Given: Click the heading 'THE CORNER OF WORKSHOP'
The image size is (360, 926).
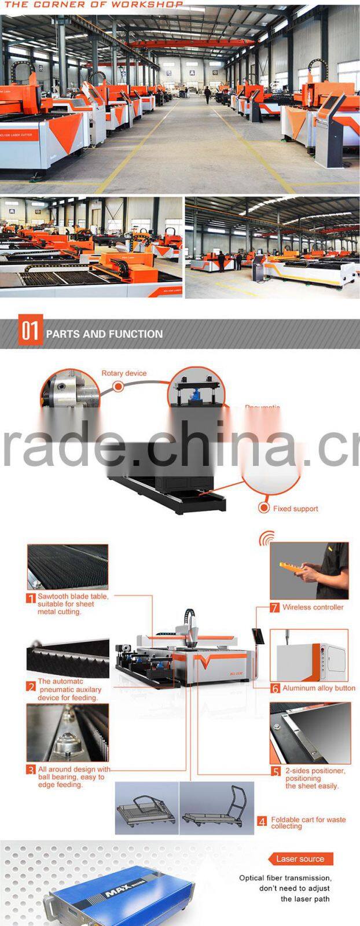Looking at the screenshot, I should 92,4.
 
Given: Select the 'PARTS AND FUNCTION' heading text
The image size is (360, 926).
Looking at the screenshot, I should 104,334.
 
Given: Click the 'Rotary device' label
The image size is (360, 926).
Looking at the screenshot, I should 124,373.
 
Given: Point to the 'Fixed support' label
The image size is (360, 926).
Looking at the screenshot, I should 296,509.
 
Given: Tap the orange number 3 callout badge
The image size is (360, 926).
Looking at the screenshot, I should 31,770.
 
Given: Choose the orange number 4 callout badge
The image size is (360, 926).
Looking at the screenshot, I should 262,822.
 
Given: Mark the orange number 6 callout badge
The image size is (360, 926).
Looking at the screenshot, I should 275,689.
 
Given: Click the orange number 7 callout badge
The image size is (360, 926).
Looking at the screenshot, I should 275,608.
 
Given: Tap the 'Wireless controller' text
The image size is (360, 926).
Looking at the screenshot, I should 313,607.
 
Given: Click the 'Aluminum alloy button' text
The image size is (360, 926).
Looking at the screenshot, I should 318,688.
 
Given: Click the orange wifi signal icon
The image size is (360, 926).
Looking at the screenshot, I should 266,539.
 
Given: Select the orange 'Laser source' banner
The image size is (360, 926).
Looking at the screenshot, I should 300,859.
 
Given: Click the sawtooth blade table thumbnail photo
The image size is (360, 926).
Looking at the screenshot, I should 67,567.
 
